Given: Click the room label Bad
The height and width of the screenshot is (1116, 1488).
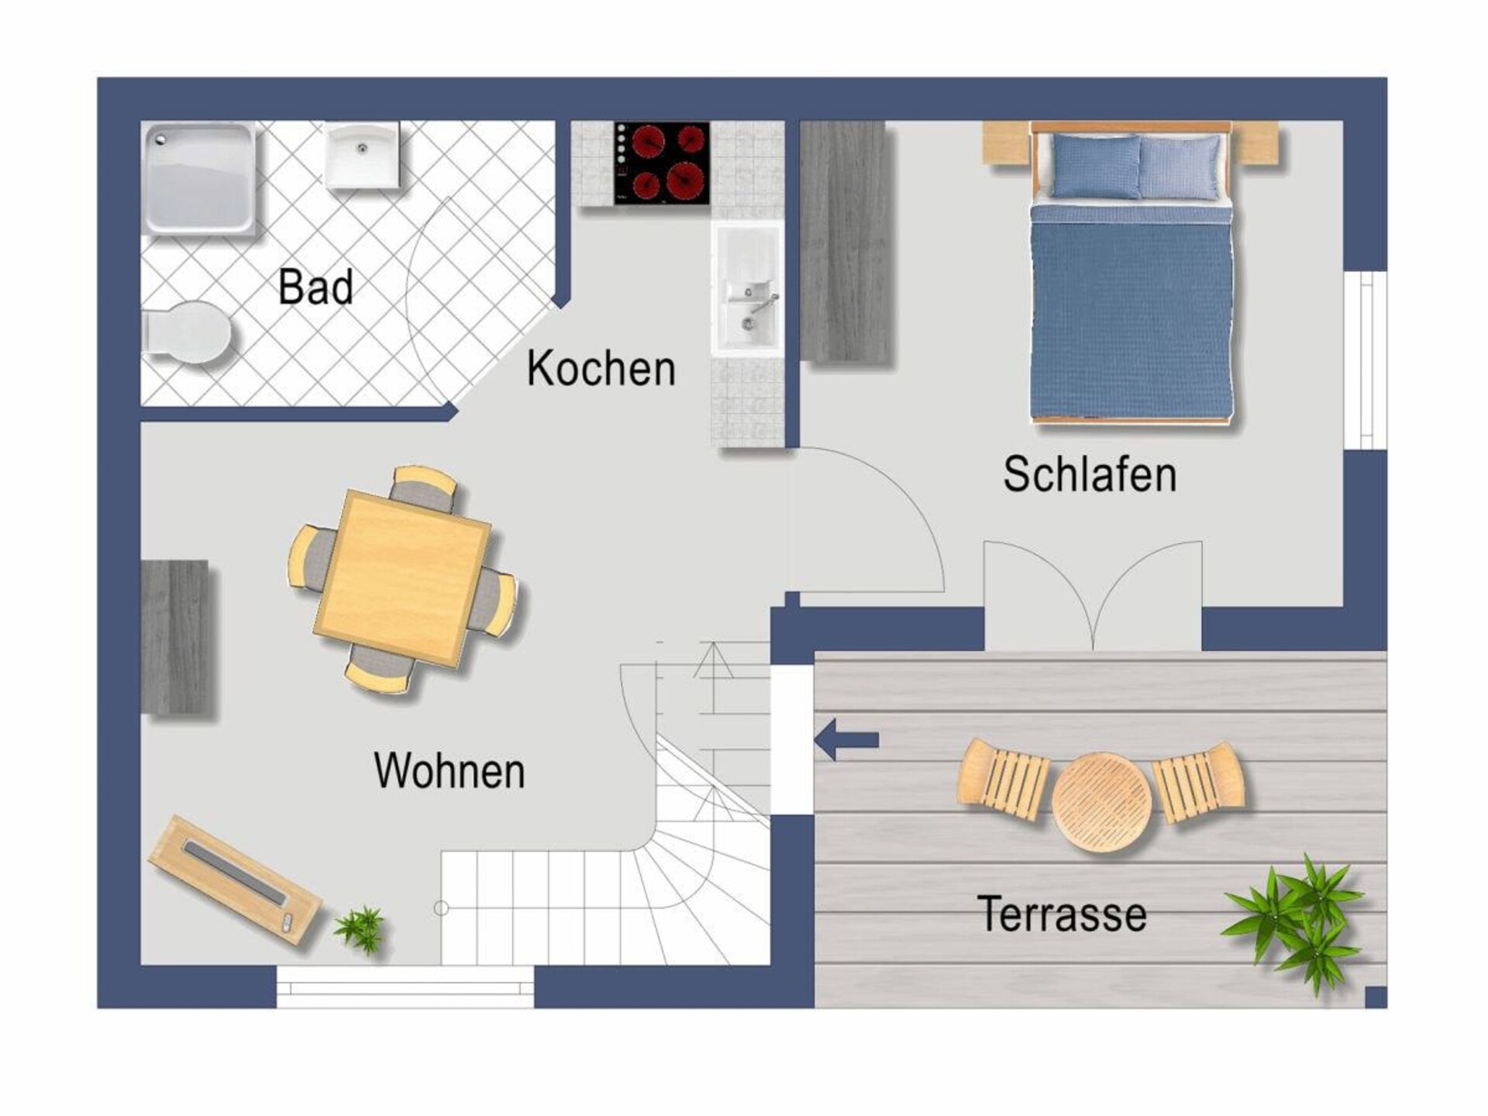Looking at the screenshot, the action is pyautogui.click(x=315, y=287).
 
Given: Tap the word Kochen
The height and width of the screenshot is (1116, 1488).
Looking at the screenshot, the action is pyautogui.click(x=601, y=368).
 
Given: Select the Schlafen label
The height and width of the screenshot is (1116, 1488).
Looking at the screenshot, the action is pyautogui.click(x=1090, y=474).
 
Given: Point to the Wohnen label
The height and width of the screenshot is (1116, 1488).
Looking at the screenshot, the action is pyautogui.click(x=449, y=770).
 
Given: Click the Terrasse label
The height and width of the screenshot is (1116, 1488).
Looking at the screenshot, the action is pyautogui.click(x=1062, y=914).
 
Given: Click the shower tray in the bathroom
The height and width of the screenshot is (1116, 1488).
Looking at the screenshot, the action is pyautogui.click(x=198, y=178).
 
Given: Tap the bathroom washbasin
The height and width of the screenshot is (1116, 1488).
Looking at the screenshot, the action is pyautogui.click(x=362, y=156).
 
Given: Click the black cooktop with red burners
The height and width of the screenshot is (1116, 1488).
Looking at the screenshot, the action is pyautogui.click(x=662, y=164).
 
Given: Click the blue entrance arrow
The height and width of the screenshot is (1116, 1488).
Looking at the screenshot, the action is pyautogui.click(x=847, y=740).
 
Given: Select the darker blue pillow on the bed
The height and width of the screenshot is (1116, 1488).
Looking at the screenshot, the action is pyautogui.click(x=1096, y=167).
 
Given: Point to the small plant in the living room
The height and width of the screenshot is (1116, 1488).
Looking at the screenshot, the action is pyautogui.click(x=360, y=928).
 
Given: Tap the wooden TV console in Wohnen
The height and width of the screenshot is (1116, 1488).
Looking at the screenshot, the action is pyautogui.click(x=235, y=880).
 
